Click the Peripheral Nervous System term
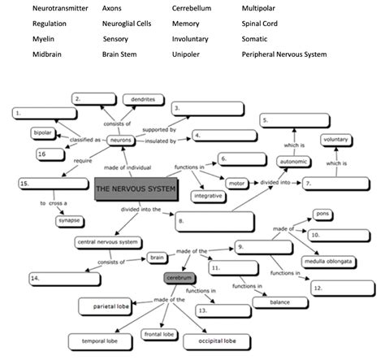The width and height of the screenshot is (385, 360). tap(283, 54)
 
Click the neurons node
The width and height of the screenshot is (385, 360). tap(122, 140)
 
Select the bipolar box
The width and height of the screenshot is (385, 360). tap(43, 132)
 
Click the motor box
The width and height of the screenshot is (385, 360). tap(236, 183)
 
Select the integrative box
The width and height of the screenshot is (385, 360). tap(208, 196)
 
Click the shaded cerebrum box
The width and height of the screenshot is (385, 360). tap(175, 279)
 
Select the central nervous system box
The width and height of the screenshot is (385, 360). tap(106, 242)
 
